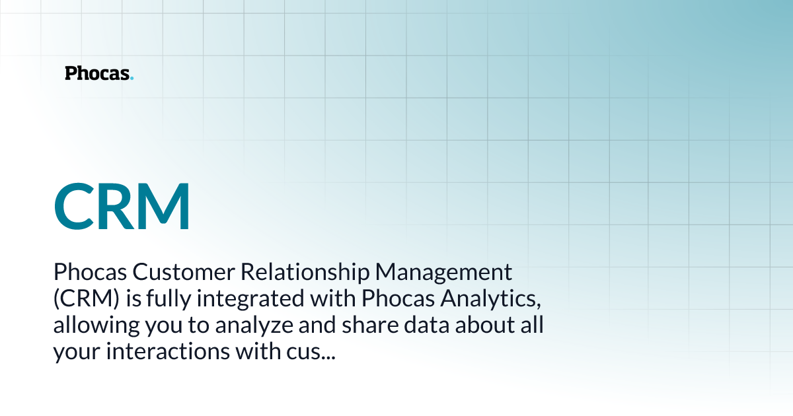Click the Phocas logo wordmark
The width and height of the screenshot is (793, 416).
pos(99,73)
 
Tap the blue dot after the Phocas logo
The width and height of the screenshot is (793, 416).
pos(132,78)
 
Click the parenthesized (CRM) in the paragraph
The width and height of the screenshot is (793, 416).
pos(87,298)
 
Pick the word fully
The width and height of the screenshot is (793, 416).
pos(169,299)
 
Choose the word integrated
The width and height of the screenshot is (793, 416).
pos(250,299)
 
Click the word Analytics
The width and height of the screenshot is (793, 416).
pos(490,299)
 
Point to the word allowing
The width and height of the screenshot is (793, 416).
pos(96,326)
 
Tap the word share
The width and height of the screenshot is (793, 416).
pos(370,325)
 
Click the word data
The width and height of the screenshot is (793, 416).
pos(427,325)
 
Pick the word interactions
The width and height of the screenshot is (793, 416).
pos(168,351)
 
